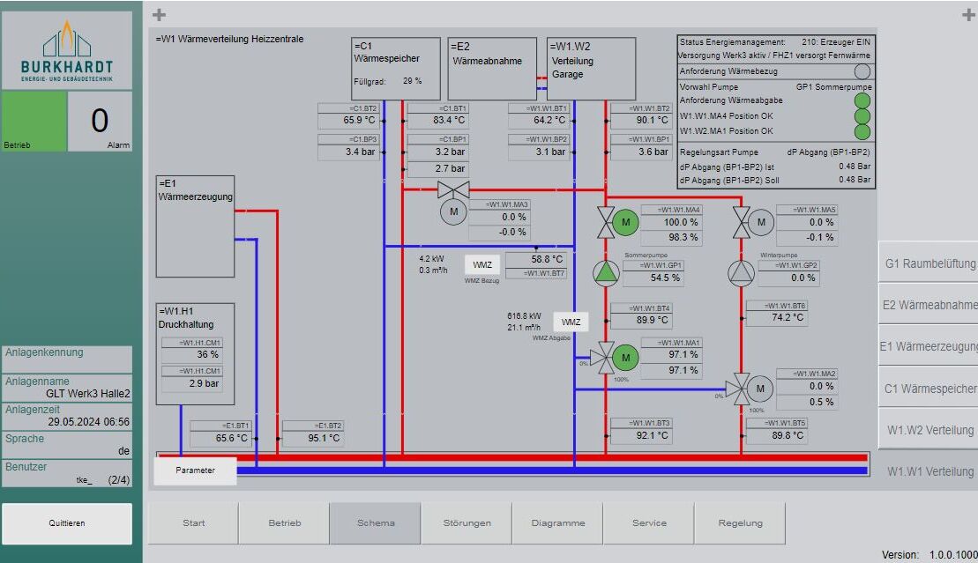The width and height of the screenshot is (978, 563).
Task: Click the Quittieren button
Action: [67, 523]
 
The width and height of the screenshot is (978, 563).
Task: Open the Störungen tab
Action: [467, 523]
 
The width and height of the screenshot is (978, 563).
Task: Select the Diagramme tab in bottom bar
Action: [558, 523]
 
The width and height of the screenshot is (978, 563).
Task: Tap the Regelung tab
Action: [740, 523]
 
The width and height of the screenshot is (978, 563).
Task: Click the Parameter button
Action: [196, 470]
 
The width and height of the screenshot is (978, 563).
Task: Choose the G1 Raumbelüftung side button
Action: [929, 263]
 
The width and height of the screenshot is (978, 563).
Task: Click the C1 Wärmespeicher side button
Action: [929, 389]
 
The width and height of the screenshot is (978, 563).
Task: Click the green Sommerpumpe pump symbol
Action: [607, 274]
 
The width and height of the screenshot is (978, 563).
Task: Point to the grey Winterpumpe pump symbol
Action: [742, 274]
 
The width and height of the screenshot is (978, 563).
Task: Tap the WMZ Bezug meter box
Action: [482, 265]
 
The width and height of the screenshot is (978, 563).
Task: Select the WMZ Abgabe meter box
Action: [571, 322]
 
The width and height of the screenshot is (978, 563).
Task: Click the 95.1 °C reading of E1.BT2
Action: [312, 438]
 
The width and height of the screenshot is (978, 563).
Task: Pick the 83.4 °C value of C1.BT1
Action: [437, 121]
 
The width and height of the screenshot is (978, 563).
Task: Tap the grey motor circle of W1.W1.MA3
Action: [454, 212]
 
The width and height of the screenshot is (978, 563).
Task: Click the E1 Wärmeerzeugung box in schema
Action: [196, 226]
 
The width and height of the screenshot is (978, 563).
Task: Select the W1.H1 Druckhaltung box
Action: [196, 353]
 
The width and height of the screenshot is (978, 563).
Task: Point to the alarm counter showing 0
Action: [100, 122]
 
